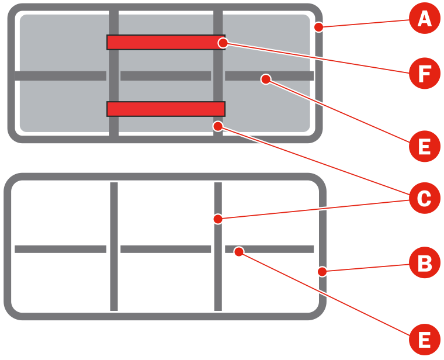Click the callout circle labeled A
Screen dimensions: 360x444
click(x=424, y=20)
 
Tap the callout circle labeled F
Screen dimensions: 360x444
click(x=424, y=74)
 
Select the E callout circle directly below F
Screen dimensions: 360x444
click(x=424, y=146)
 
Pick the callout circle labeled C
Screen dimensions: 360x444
click(x=424, y=199)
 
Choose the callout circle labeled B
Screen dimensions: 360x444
click(x=424, y=264)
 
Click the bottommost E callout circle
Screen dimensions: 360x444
click(x=424, y=339)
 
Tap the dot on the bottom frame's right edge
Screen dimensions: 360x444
click(x=322, y=271)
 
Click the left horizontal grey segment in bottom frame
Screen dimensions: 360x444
click(x=60, y=249)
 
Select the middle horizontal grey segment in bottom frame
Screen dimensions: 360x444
click(x=165, y=249)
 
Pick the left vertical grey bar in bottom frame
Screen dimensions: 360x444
click(x=114, y=245)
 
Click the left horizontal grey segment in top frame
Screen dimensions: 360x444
click(x=60, y=76)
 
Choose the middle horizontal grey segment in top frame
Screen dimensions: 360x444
click(x=165, y=76)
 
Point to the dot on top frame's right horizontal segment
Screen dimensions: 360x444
click(x=265, y=79)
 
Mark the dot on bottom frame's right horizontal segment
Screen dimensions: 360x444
click(x=238, y=251)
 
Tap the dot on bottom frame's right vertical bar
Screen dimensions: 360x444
click(x=217, y=219)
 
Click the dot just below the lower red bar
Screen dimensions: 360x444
click(x=218, y=125)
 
